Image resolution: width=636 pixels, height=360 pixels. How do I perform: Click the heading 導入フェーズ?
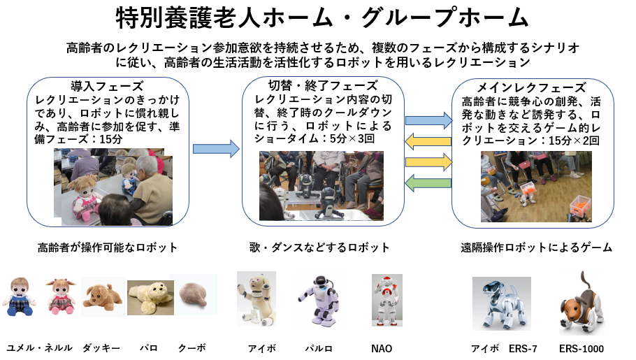(x=107, y=87)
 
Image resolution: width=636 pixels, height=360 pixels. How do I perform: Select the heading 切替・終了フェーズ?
(x=323, y=86)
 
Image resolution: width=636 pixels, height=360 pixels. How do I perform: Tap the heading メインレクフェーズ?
(x=531, y=87)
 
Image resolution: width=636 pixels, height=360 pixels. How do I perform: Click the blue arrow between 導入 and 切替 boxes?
(x=216, y=149)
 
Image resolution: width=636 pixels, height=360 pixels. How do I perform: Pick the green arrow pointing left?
(x=428, y=183)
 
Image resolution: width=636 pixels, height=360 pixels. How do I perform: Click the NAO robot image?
(x=387, y=300)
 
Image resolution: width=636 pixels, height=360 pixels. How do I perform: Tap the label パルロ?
(x=319, y=349)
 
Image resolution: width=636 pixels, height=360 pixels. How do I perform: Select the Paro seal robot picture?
(x=150, y=298)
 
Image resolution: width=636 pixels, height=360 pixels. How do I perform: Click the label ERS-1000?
(x=581, y=349)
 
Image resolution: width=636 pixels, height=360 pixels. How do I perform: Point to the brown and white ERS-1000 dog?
(x=582, y=303)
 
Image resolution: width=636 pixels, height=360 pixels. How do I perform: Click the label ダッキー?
(x=101, y=348)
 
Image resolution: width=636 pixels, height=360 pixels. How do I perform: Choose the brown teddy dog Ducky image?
(x=103, y=296)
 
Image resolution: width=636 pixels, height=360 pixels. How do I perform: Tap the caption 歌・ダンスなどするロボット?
(x=319, y=247)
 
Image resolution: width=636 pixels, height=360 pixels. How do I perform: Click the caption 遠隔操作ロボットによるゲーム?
(x=536, y=247)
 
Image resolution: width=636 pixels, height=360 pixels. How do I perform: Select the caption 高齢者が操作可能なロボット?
(x=108, y=247)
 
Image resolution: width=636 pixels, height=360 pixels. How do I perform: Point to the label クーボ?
(x=192, y=348)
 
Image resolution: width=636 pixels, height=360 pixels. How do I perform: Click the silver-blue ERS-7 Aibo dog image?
(x=502, y=303)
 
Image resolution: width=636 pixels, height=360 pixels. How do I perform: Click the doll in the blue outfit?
(x=19, y=296)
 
